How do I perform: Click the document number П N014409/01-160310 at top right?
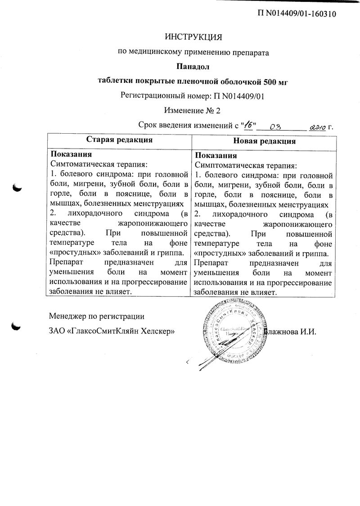(x=297, y=14)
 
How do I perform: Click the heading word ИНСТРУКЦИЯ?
(x=193, y=36)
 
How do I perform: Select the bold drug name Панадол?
(x=193, y=67)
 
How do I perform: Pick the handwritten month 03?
(x=275, y=127)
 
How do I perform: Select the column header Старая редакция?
(x=119, y=140)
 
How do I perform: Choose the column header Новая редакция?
(x=265, y=140)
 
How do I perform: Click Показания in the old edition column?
(x=67, y=154)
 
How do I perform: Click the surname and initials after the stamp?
(x=292, y=332)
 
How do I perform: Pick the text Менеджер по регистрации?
(x=97, y=316)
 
